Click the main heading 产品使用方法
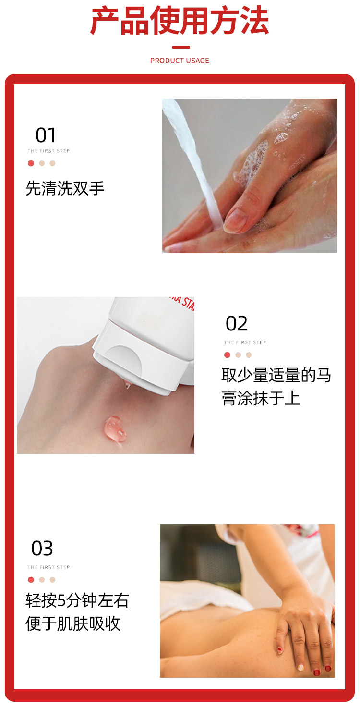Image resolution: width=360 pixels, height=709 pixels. click(x=180, y=21)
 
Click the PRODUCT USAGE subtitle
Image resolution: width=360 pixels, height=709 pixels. click(x=180, y=61)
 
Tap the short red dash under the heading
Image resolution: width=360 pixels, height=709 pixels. click(x=181, y=48)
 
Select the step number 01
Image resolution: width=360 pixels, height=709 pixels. click(x=46, y=135)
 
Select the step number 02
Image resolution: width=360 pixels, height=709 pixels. click(x=237, y=323)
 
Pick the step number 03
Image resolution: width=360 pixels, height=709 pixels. click(x=42, y=549)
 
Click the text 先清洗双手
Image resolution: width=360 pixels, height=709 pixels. click(x=65, y=188)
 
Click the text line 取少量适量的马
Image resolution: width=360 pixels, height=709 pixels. click(x=276, y=375)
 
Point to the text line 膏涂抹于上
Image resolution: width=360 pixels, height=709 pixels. click(x=261, y=398)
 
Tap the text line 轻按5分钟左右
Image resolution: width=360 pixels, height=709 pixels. click(x=77, y=600)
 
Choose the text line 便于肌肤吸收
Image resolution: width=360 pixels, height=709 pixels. click(x=73, y=624)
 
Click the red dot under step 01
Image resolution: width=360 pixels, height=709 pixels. click(x=31, y=163)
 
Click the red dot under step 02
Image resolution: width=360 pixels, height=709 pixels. click(x=227, y=355)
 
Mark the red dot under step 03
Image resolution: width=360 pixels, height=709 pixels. click(x=31, y=580)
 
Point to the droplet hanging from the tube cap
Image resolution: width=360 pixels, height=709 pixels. click(x=127, y=385)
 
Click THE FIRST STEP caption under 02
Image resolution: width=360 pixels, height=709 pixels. click(x=245, y=342)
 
